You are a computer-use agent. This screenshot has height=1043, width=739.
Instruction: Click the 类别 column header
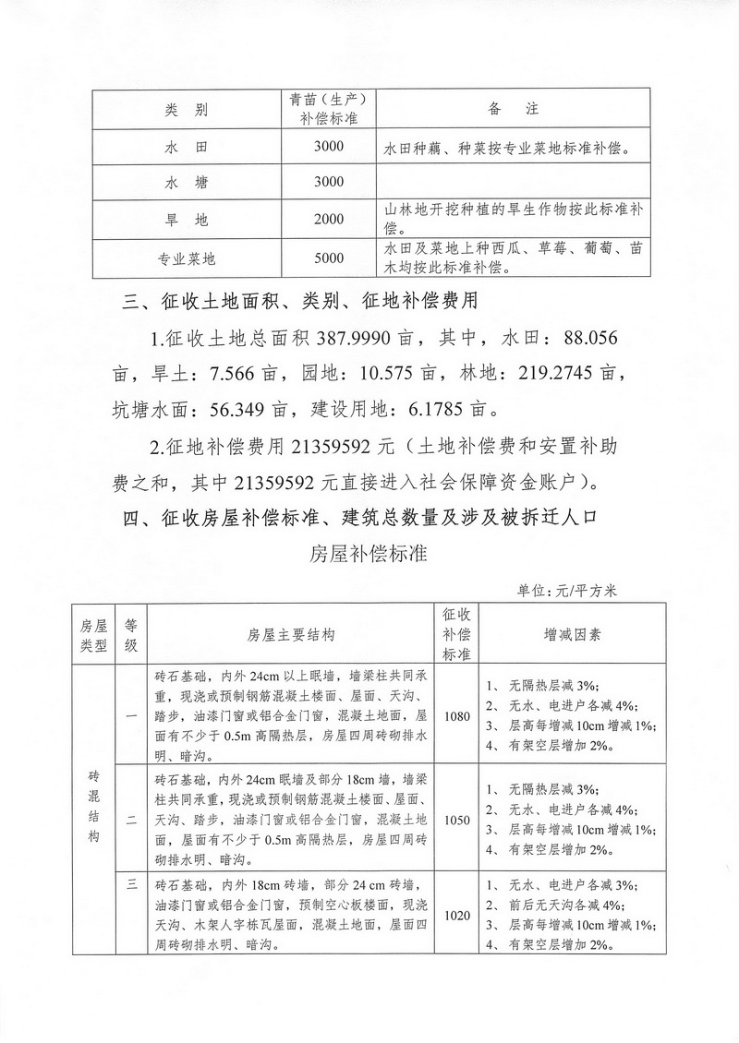(x=187, y=110)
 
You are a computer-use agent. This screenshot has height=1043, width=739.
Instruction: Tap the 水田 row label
(x=187, y=148)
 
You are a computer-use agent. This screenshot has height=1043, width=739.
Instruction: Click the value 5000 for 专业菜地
(x=329, y=258)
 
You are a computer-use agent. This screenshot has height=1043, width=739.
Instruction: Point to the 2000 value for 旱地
(x=329, y=221)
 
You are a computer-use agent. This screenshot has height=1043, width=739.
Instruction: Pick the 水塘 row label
(x=187, y=183)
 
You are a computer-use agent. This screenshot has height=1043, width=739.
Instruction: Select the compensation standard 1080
(x=456, y=716)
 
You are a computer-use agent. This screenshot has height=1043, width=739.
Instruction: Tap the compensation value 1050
(x=456, y=818)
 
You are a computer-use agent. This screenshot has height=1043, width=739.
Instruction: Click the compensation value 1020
(x=456, y=917)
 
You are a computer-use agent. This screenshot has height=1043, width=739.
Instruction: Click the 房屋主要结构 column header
(x=291, y=635)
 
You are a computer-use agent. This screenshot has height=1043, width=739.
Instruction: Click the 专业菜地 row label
(x=187, y=258)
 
